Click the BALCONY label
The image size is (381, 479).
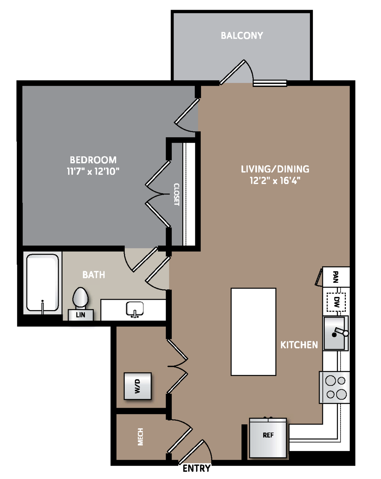click(242, 35)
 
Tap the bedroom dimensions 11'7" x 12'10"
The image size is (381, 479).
click(93, 171)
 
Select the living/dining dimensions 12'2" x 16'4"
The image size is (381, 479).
click(275, 180)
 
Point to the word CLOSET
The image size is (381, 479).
click(176, 194)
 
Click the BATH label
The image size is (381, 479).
click(94, 275)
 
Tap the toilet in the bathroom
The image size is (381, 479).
click(80, 298)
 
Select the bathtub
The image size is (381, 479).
click(43, 283)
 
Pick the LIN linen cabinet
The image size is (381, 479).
click(81, 315)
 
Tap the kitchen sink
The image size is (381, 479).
click(335, 333)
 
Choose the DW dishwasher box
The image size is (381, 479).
click(336, 302)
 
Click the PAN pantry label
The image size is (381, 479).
click(335, 277)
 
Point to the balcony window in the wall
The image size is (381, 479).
click(270, 83)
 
